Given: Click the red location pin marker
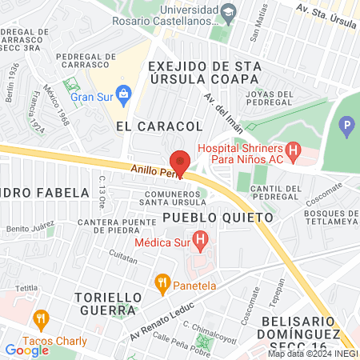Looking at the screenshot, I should tap(180, 162).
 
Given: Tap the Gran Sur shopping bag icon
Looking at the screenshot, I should tap(123, 95).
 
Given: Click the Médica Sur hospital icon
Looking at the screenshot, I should tap(200, 238).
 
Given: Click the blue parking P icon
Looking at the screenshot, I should tap(346, 125).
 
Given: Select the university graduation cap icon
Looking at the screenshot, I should tap(228, 13).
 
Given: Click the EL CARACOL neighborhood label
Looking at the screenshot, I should tap(158, 126).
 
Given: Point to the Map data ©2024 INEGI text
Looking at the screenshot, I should tap(312, 354).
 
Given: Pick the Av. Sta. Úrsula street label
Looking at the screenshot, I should tap(324, 11).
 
